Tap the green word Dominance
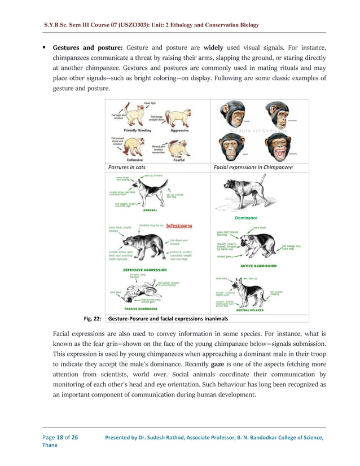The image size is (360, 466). click(245, 217)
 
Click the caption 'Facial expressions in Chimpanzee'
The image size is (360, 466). click(253, 167)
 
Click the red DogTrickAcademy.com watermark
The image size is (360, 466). click(180, 226)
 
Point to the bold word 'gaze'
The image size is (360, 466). click(218, 364)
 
